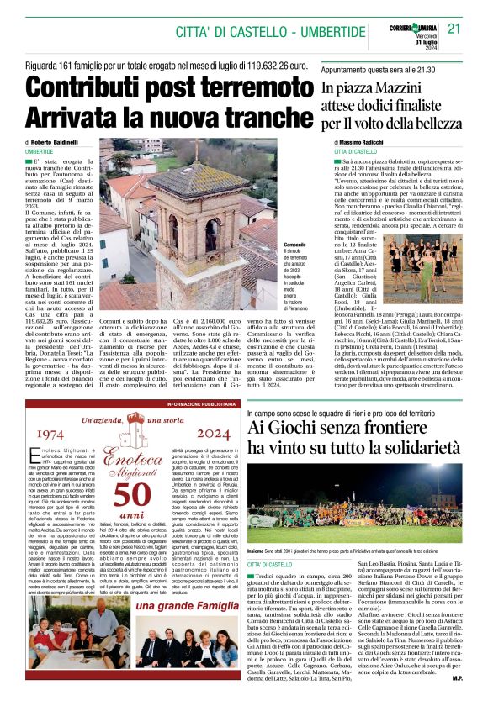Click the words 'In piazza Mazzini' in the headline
pyautogui.click(x=371, y=88)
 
